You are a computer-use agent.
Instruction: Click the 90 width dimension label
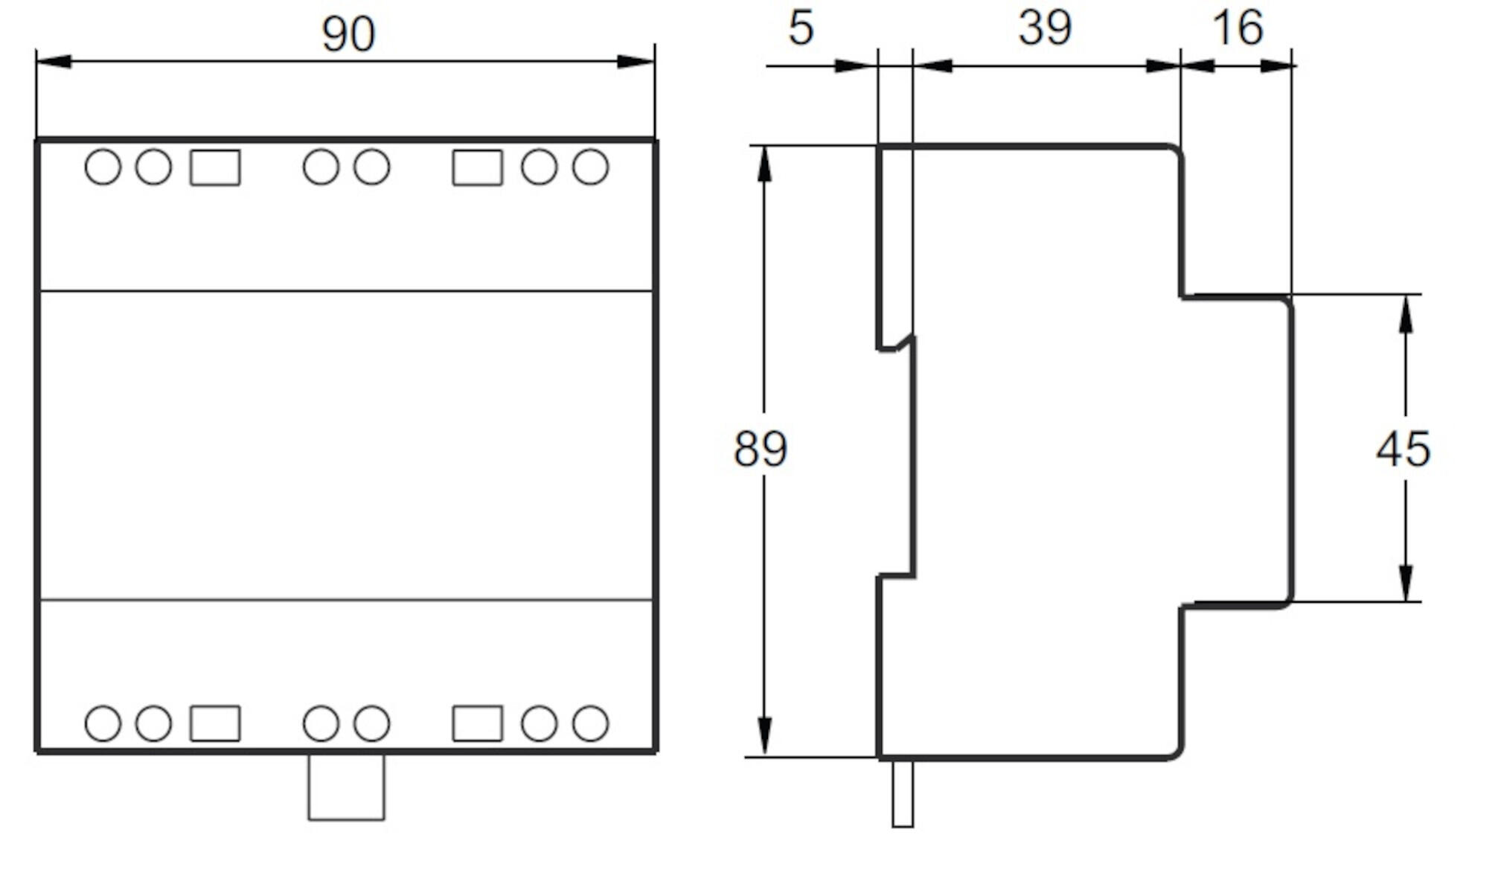(348, 34)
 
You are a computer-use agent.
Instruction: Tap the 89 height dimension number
(760, 449)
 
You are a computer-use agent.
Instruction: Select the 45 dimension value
(1403, 449)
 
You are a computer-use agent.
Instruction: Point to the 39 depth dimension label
(1045, 28)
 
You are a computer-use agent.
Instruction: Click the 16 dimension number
(1238, 28)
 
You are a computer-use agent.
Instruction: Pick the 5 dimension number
(801, 28)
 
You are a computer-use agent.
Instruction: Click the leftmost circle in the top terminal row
(103, 167)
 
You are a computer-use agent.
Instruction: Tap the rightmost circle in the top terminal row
(590, 167)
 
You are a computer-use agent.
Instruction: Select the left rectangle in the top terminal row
(215, 167)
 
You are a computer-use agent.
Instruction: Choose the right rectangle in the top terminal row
(478, 167)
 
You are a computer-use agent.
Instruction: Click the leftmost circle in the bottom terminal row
(103, 723)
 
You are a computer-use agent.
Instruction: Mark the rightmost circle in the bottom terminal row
(590, 723)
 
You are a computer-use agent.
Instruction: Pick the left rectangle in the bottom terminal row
(215, 723)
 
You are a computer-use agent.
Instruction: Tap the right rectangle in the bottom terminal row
(478, 723)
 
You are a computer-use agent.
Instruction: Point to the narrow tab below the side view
(903, 794)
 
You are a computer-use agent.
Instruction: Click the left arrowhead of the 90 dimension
(54, 61)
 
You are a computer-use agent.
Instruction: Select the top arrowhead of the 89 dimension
(764, 164)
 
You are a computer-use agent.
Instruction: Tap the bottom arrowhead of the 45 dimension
(1406, 583)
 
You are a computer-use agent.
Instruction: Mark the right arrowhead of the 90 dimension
(636, 61)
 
